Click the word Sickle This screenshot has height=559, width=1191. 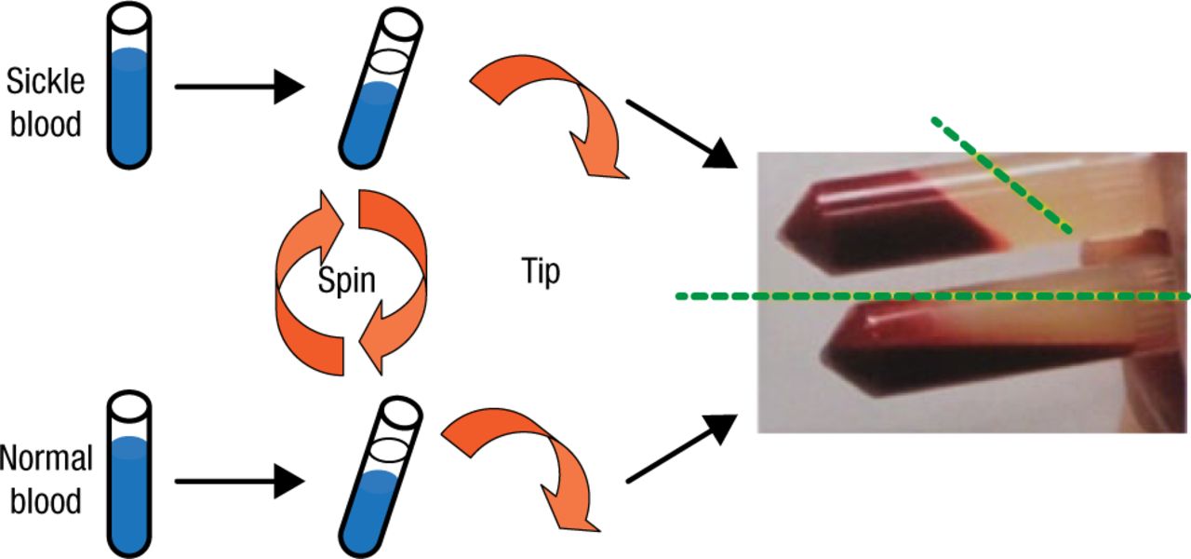tap(45, 81)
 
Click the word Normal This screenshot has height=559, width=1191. tap(47, 458)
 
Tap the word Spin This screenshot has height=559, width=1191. tap(346, 280)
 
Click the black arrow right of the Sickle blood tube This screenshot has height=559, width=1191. tap(238, 88)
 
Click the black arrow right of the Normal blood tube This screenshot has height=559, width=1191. tap(238, 481)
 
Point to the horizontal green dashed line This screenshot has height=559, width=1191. tap(930, 297)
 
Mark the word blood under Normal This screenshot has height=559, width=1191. tap(47, 500)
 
